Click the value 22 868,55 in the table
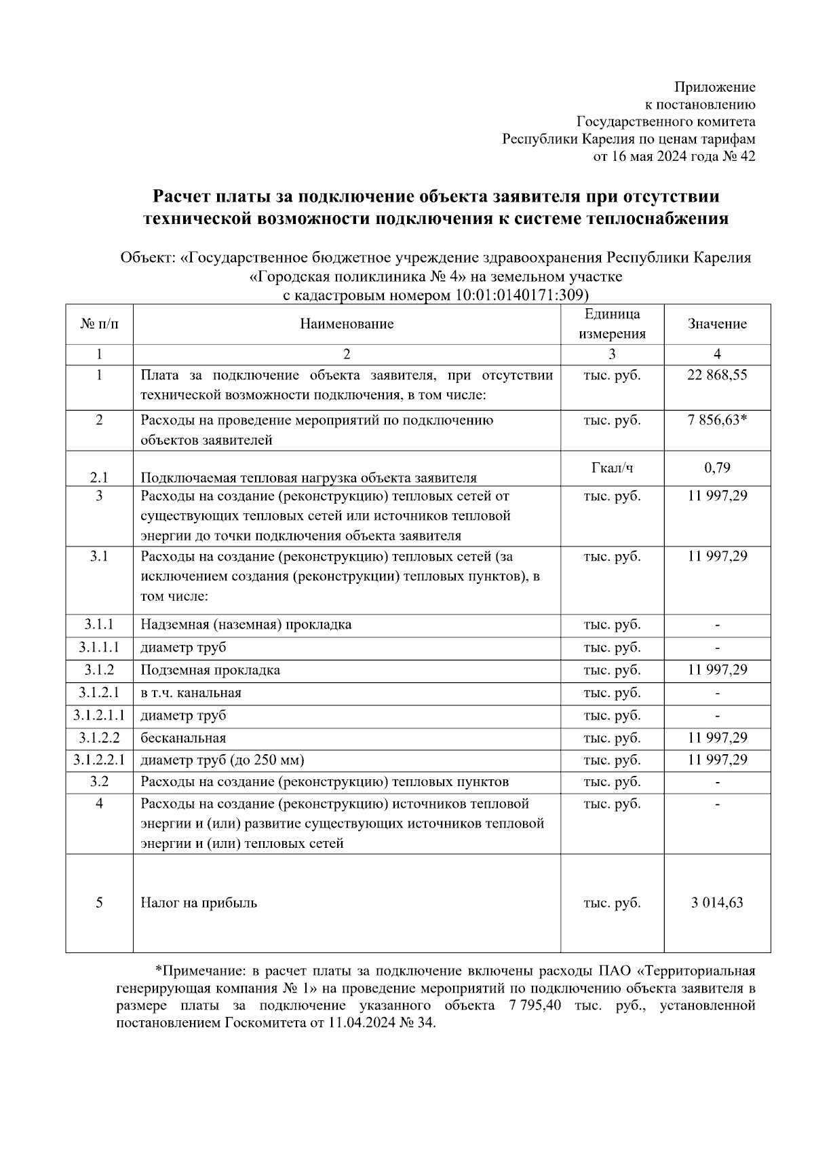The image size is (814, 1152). tap(717, 375)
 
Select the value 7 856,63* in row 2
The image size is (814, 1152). tap(717, 420)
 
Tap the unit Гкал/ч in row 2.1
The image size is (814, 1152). tap(612, 468)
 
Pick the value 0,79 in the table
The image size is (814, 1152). tap(717, 468)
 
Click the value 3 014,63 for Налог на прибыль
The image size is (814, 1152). tap(717, 903)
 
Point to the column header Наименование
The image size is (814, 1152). tap(347, 324)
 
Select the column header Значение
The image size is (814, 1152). tap(717, 324)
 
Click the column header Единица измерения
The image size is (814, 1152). tap(612, 324)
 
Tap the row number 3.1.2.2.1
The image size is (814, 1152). tap(99, 760)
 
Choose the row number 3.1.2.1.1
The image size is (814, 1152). tap(99, 715)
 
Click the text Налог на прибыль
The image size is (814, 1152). tap(199, 903)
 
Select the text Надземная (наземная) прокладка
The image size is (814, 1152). tap(246, 625)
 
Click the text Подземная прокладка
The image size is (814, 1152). tap(210, 670)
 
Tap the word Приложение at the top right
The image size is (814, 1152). tap(714, 87)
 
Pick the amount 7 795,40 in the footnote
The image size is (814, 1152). tap(534, 1005)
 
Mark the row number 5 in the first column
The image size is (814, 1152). tap(99, 903)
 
